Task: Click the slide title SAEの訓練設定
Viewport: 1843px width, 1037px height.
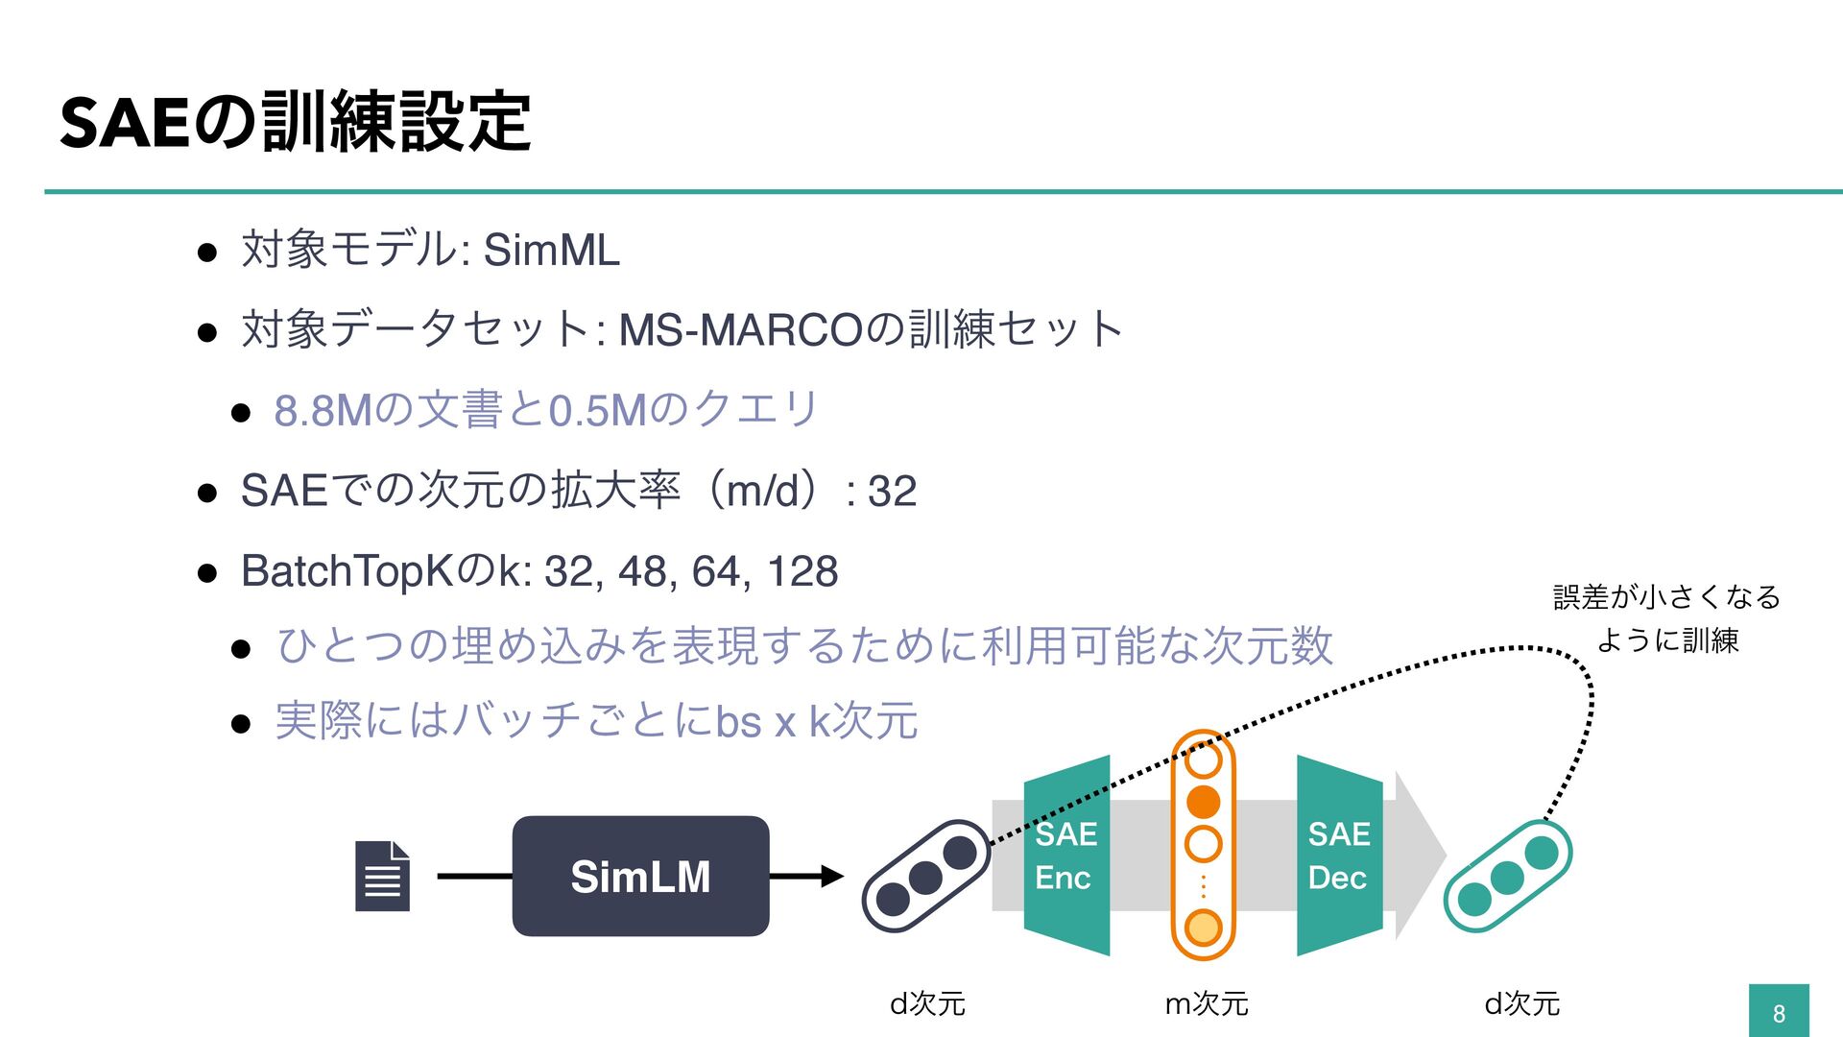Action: point(295,122)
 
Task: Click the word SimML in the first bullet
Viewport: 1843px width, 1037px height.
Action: point(551,251)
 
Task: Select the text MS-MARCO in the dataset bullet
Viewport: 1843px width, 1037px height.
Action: point(740,330)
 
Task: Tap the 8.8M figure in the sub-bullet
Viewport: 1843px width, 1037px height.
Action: point(323,411)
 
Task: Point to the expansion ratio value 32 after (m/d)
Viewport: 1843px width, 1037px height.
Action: point(892,492)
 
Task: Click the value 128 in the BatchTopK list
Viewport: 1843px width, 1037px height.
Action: point(802,572)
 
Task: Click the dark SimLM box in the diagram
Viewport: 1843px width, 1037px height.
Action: point(640,876)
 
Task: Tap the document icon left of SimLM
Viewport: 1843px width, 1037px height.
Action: point(382,876)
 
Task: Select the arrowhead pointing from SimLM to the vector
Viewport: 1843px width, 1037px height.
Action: point(831,876)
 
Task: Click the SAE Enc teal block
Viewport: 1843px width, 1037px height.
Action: point(1065,856)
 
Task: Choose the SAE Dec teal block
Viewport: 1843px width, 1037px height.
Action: point(1339,856)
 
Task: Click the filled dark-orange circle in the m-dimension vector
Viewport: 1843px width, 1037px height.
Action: point(1204,802)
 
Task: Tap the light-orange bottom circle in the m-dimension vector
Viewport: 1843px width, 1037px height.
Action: point(1204,928)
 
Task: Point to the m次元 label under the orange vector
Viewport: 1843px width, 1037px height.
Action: point(1207,1004)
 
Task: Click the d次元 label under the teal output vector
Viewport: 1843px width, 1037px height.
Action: point(1522,1004)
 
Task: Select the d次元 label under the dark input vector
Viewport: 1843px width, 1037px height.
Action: point(927,1004)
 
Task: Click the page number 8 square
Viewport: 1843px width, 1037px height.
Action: point(1779,1012)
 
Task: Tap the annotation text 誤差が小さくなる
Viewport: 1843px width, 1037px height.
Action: point(1666,597)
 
